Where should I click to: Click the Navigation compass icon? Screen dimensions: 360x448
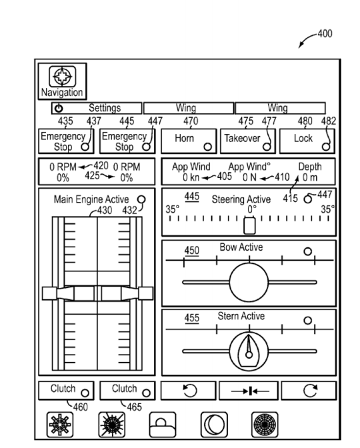pos(62,76)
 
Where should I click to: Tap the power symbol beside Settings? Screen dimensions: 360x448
pos(59,108)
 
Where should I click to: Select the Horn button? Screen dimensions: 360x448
pos(189,141)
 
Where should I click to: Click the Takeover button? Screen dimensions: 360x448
pos(248,141)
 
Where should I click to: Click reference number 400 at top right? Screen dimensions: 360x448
pos(325,34)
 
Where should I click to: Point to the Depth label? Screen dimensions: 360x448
pos(310,167)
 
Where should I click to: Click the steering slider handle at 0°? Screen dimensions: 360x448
pos(249,226)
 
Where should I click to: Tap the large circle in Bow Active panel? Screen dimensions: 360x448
pos(249,282)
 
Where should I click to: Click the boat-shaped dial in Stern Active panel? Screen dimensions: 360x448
pos(249,351)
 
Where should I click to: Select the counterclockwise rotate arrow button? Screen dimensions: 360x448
pos(188,390)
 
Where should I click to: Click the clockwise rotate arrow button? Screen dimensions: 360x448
pos(309,390)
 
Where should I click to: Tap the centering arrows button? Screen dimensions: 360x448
pos(249,390)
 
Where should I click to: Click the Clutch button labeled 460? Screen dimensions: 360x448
pos(66,390)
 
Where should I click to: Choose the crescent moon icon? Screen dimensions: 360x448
pos(214,425)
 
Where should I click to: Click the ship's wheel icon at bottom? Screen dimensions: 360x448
pos(60,425)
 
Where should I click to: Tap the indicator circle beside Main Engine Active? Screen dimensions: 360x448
pos(141,199)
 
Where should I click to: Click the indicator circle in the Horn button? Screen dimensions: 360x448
pos(208,147)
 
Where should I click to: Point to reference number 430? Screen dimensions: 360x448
pos(104,210)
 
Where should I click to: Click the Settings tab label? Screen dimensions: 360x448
pos(105,108)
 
